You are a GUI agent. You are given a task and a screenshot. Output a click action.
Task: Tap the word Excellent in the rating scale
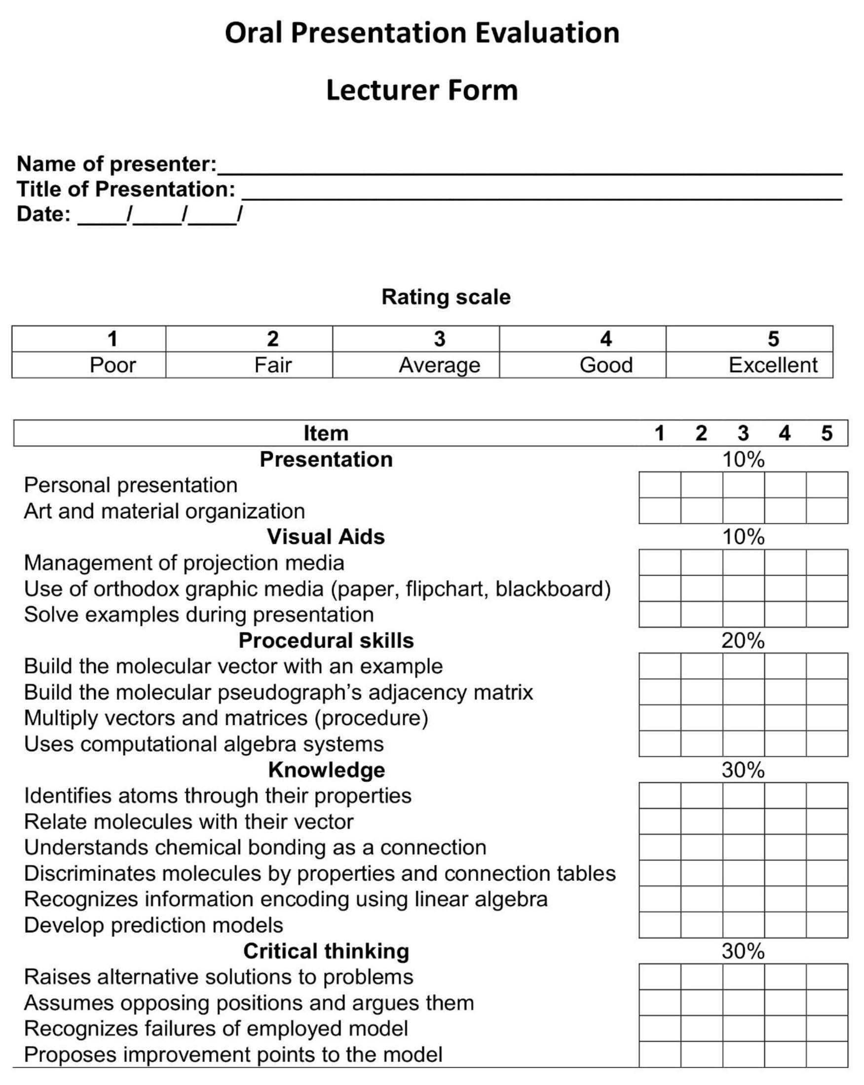click(773, 365)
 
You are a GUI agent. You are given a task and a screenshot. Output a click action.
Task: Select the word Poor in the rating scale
click(113, 365)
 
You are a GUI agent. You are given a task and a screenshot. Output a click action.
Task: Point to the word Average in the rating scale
click(439, 365)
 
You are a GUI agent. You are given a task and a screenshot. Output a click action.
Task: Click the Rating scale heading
click(446, 297)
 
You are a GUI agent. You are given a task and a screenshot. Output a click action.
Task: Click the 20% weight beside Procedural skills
click(743, 641)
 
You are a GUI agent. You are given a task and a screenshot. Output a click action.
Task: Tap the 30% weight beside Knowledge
click(743, 770)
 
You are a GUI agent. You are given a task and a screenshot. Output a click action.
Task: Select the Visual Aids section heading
click(326, 537)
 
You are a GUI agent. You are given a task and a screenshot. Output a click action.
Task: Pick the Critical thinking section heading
click(326, 951)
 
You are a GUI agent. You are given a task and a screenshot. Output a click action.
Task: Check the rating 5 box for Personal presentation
click(826, 485)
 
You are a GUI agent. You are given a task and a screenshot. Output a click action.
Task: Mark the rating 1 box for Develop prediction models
click(660, 925)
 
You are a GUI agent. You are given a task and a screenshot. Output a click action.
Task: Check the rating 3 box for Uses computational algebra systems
click(743, 744)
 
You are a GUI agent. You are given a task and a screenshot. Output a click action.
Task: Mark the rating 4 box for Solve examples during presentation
click(785, 615)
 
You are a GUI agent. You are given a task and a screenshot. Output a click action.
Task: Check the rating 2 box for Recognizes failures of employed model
click(702, 1029)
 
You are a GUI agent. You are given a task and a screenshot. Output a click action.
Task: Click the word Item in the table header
click(326, 433)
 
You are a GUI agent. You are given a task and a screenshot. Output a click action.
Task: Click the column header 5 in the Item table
click(826, 433)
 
